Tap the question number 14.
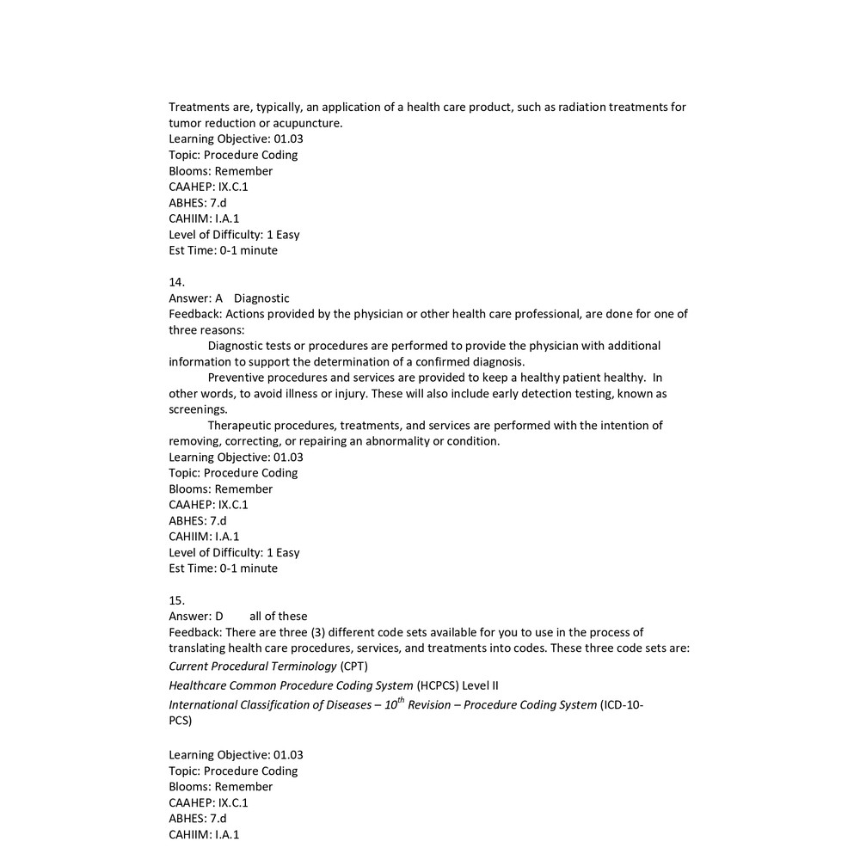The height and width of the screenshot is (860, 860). point(176,282)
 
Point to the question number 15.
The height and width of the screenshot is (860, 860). point(176,600)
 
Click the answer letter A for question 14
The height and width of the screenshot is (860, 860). point(218,298)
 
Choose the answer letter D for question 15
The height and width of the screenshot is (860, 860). point(218,616)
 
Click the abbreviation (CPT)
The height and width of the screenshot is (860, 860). point(353,666)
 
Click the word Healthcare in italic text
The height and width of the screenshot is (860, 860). point(198,685)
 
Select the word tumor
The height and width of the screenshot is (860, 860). point(184,123)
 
